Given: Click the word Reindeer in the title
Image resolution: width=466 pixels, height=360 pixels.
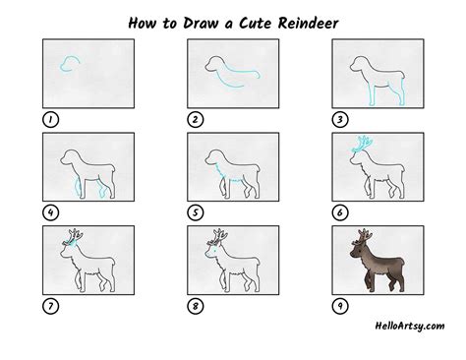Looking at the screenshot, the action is click(x=308, y=24).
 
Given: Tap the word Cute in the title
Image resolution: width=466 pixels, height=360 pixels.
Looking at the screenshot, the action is click(x=255, y=24).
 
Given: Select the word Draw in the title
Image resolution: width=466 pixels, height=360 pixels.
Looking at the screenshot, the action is click(x=200, y=24).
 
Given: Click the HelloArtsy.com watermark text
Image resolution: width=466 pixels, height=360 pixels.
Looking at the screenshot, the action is click(x=410, y=326).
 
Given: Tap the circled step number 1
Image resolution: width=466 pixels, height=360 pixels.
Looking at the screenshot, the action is click(x=50, y=120).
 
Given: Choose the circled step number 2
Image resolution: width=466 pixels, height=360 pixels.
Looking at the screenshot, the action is click(x=196, y=120).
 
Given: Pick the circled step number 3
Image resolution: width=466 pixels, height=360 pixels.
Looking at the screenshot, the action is click(x=340, y=120).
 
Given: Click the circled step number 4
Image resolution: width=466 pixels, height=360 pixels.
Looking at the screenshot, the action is click(x=50, y=212).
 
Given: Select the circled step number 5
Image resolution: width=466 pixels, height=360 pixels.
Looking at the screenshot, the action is click(x=196, y=212).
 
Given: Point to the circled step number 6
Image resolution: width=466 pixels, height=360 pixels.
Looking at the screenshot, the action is click(x=340, y=212).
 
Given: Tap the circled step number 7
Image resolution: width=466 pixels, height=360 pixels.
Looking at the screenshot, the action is click(x=50, y=306).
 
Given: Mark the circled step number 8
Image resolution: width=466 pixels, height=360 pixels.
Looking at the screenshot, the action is click(x=196, y=306).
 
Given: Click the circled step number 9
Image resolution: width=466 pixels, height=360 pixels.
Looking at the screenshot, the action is click(x=340, y=306).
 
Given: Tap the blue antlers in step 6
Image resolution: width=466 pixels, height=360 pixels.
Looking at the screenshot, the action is click(x=363, y=145).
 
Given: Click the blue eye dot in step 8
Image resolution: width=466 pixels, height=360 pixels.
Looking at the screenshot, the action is click(x=214, y=251).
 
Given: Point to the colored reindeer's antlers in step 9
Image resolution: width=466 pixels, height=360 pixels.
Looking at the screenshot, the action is click(x=363, y=237).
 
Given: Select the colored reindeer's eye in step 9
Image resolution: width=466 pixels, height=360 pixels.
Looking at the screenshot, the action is click(x=359, y=251).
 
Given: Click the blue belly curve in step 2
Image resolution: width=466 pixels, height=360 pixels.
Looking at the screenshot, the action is click(x=229, y=84).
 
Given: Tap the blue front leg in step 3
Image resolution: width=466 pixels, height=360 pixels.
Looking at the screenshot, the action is click(x=371, y=95).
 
